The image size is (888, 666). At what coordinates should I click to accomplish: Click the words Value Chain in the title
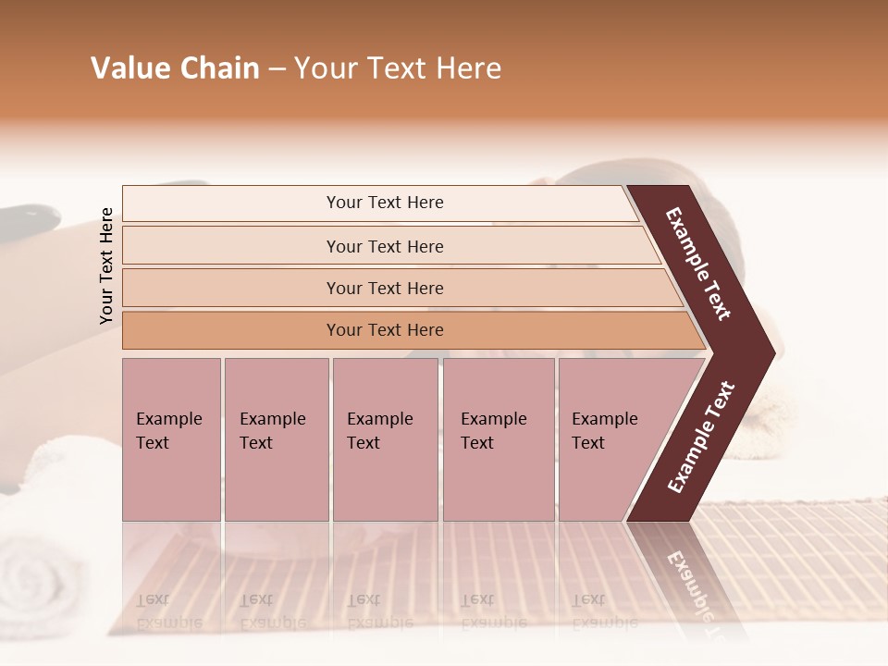[175, 68]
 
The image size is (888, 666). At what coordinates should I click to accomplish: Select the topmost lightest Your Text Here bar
[384, 203]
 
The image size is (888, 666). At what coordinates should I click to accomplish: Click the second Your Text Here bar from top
[384, 246]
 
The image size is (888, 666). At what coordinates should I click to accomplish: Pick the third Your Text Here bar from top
[384, 288]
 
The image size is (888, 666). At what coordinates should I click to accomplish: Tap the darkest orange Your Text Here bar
[384, 330]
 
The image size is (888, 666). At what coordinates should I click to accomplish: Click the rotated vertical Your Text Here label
[106, 265]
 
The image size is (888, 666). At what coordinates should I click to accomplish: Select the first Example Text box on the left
[171, 438]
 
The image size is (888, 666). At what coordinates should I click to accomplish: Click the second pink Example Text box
[276, 438]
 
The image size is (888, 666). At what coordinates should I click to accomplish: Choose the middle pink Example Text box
[385, 438]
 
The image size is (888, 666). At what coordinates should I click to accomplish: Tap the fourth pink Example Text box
[498, 438]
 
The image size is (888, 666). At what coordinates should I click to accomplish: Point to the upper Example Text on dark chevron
[699, 264]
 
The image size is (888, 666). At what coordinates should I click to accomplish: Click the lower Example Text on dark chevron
[701, 437]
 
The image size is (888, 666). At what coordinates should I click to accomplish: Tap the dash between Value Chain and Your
[277, 69]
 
